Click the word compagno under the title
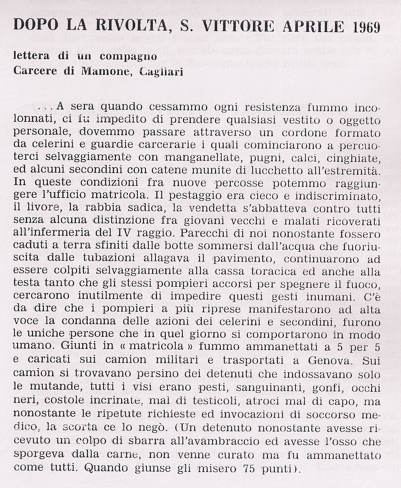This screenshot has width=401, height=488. pos(128,56)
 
